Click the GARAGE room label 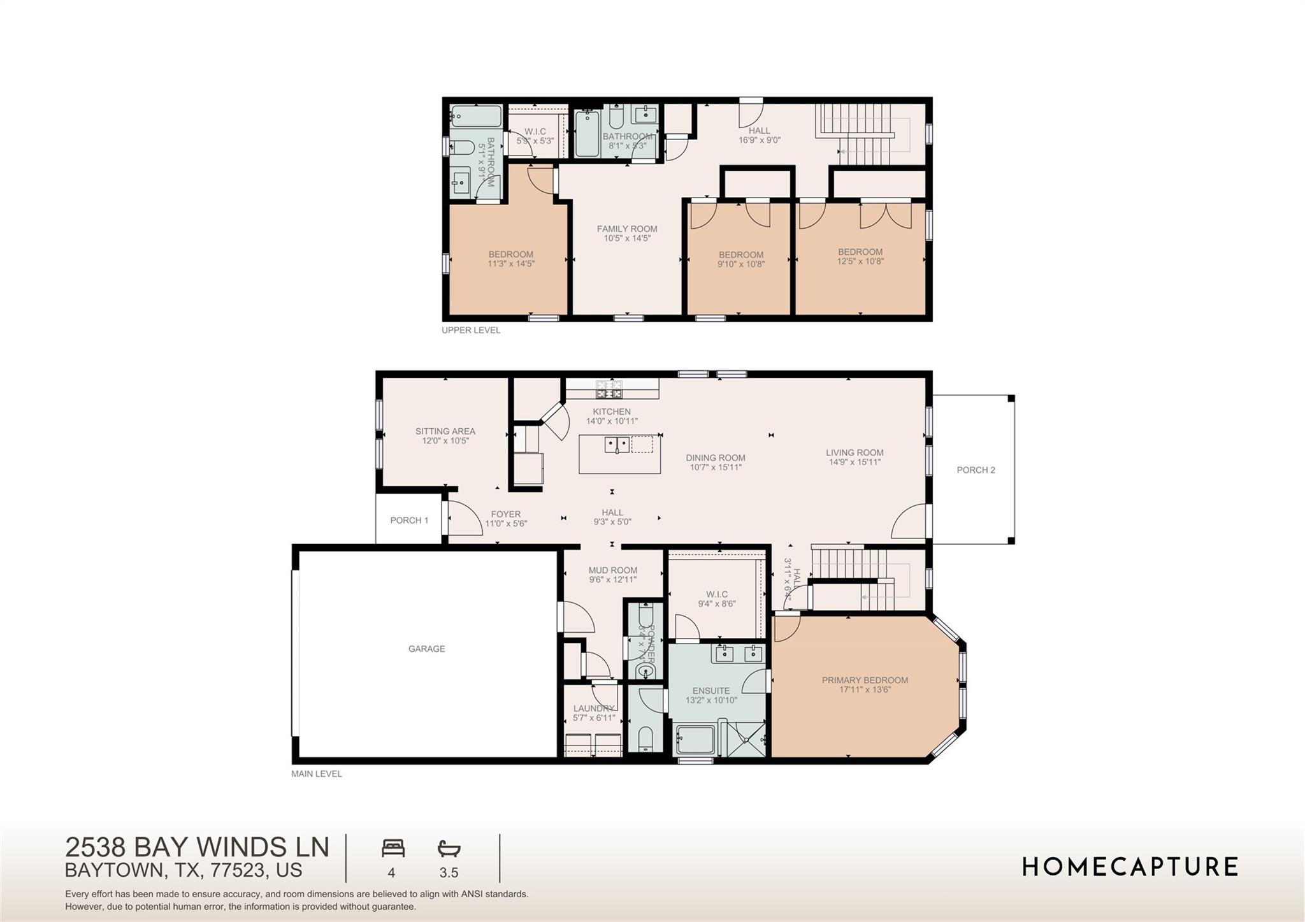pyautogui.click(x=426, y=649)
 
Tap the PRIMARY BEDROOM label pyautogui.click(x=865, y=680)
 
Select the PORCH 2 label pyautogui.click(x=976, y=470)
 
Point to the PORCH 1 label pyautogui.click(x=409, y=521)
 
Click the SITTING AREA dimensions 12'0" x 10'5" pyautogui.click(x=445, y=441)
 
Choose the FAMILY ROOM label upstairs pyautogui.click(x=627, y=229)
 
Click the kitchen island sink pyautogui.click(x=617, y=444)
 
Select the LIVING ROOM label pyautogui.click(x=854, y=453)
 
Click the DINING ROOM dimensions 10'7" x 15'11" pyautogui.click(x=716, y=467)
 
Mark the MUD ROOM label pyautogui.click(x=612, y=570)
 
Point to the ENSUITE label pyautogui.click(x=711, y=691)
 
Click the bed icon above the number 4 pyautogui.click(x=393, y=848)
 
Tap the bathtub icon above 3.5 pyautogui.click(x=449, y=848)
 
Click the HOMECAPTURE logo pyautogui.click(x=1130, y=867)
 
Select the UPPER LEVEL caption pyautogui.click(x=471, y=330)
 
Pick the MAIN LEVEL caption pyautogui.click(x=317, y=774)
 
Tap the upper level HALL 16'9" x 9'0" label pyautogui.click(x=759, y=135)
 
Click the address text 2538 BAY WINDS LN pyautogui.click(x=197, y=847)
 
